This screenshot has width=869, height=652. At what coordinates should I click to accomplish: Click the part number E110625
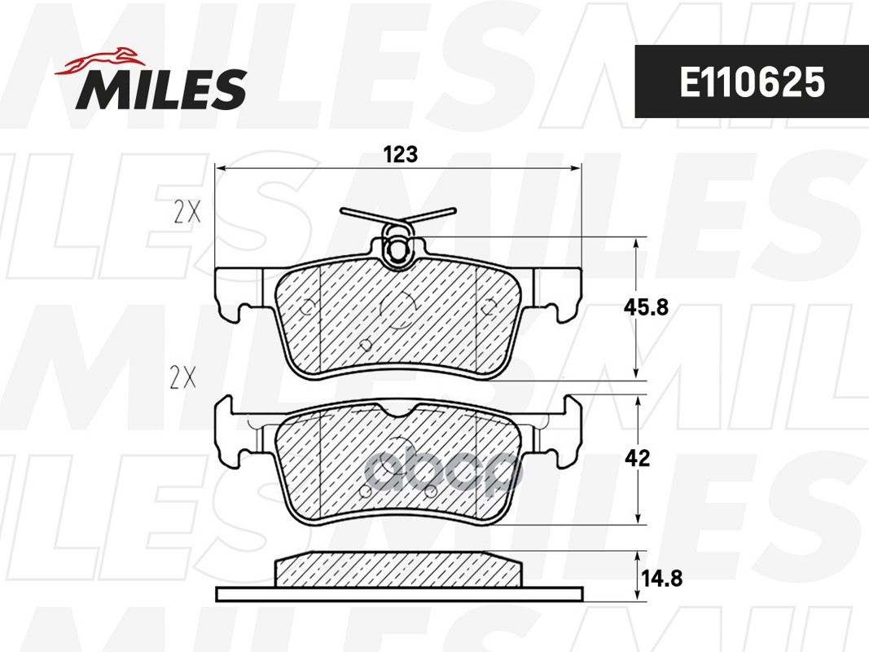coord(752,82)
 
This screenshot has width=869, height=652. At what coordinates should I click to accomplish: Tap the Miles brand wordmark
coord(161,88)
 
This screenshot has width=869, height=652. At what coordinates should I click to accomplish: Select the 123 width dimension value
coord(401,154)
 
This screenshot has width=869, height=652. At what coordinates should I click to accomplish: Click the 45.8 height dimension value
coord(646,306)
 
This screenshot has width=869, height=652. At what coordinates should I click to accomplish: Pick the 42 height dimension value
coord(637,458)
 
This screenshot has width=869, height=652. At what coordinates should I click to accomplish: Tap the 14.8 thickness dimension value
coord(661,579)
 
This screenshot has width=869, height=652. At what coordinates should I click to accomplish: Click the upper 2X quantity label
coord(187,213)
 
